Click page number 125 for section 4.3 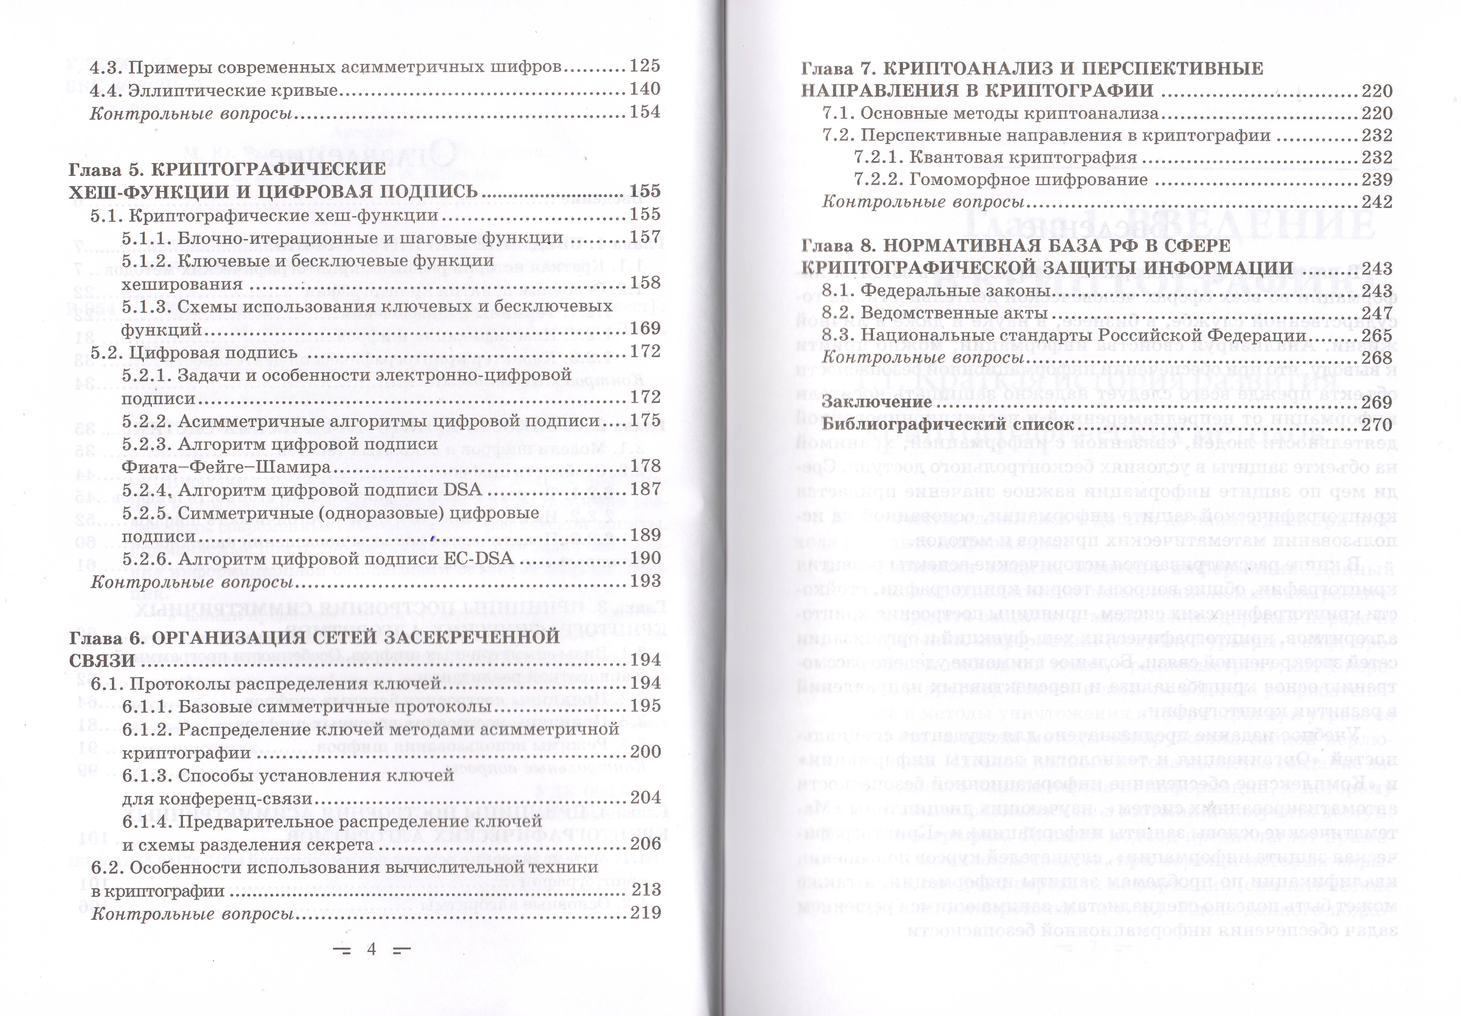645,66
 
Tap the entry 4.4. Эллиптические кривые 213,90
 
